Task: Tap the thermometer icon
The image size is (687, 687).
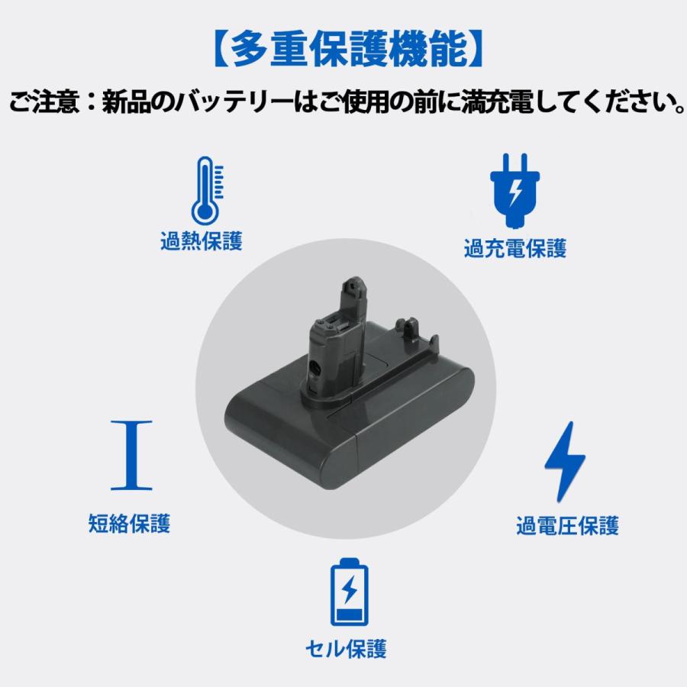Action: click(x=208, y=191)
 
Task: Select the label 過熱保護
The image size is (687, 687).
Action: click(x=202, y=241)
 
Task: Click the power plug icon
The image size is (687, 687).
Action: click(x=514, y=191)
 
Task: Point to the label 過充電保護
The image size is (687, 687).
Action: click(x=515, y=248)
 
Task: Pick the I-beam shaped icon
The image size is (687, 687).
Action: click(x=131, y=455)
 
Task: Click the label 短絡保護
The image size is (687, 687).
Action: click(x=129, y=524)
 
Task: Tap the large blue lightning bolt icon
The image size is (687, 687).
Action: click(x=565, y=462)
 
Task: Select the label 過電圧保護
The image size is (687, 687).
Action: click(x=567, y=526)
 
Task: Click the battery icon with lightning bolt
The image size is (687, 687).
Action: click(x=349, y=592)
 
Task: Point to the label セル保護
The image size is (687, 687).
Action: click(x=346, y=649)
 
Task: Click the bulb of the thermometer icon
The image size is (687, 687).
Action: click(x=205, y=213)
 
